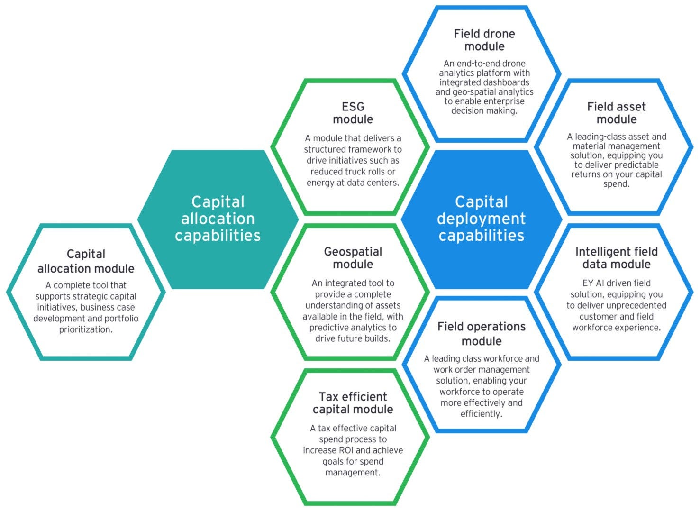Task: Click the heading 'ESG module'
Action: [x=353, y=113]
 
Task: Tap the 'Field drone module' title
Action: [x=484, y=40]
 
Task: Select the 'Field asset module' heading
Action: [x=616, y=113]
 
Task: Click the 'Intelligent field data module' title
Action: [x=616, y=257]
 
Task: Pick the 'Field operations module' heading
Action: [x=481, y=333]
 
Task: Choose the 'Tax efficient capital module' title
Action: [x=353, y=402]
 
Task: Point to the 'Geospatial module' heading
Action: [x=353, y=257]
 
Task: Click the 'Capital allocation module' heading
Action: [x=86, y=261]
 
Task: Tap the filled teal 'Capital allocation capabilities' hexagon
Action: [x=218, y=219]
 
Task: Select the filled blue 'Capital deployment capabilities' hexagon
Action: [x=481, y=219]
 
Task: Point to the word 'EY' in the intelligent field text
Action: [x=588, y=283]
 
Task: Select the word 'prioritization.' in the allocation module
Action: [x=86, y=329]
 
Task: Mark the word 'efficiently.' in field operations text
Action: [x=481, y=414]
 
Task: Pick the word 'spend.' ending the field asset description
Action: [x=616, y=184]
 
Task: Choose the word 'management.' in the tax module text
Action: [x=353, y=473]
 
